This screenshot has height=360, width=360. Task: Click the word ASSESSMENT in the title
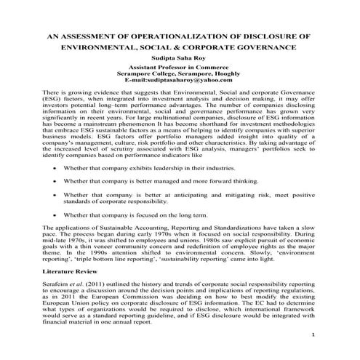(95, 34)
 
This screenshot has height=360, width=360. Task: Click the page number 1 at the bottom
(333, 336)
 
